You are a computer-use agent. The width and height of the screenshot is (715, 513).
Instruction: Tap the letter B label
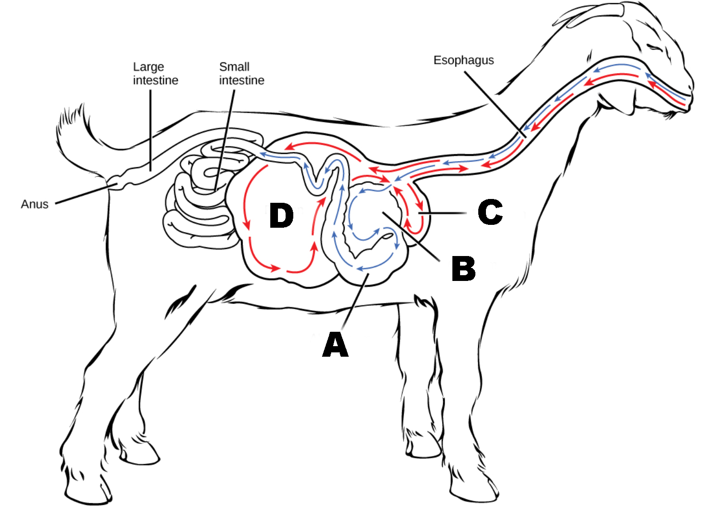(463, 268)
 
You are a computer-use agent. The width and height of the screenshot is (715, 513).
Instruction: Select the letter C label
(490, 212)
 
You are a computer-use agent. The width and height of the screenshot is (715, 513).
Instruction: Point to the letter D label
(281, 215)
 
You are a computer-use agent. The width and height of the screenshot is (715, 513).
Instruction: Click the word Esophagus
(463, 60)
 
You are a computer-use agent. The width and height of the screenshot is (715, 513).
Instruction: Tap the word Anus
(35, 204)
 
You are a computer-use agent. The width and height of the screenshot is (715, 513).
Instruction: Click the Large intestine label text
(155, 73)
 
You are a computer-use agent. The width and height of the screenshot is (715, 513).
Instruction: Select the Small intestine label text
(242, 73)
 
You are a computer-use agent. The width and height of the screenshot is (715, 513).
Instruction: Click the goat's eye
(655, 47)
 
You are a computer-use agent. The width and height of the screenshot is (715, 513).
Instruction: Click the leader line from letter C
(446, 212)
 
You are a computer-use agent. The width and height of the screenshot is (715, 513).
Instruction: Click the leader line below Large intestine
(150, 129)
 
